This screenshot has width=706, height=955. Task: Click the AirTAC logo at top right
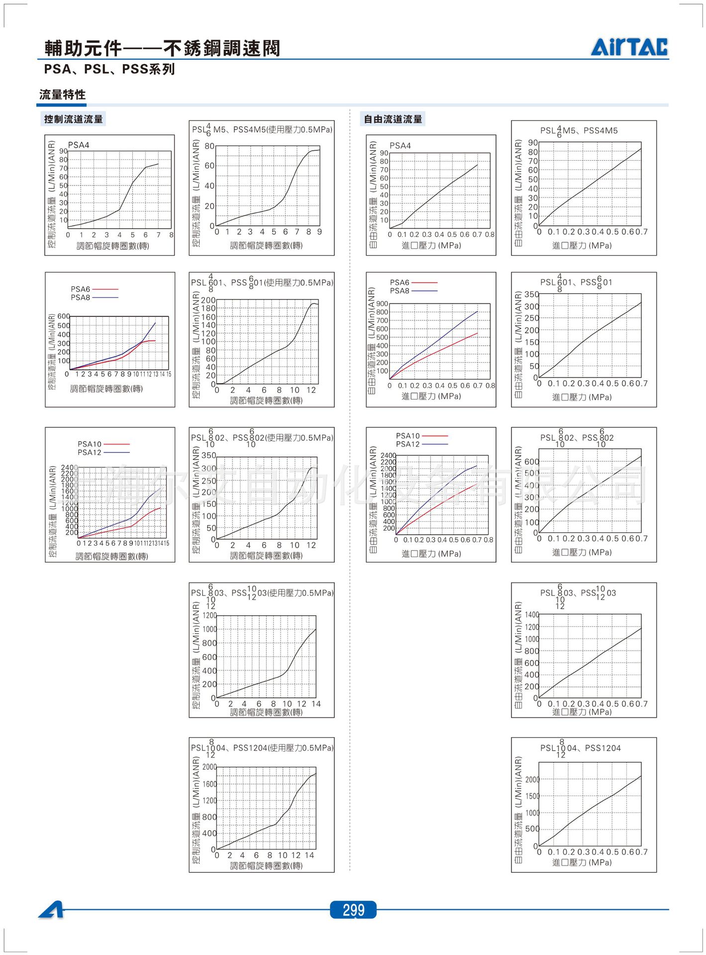coord(629,47)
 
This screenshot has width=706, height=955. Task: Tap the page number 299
coord(353,910)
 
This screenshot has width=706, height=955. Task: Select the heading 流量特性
coord(63,95)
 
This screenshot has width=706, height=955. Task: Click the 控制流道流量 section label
coord(74,119)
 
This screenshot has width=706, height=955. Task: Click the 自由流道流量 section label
coord(393,119)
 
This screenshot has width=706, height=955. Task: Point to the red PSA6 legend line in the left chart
coord(105,289)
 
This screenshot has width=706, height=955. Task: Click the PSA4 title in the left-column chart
coord(79,145)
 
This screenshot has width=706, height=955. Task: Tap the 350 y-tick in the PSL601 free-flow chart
coord(532,294)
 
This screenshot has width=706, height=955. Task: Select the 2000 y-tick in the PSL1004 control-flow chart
coord(209,766)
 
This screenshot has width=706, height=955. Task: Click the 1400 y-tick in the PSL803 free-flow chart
coord(532,615)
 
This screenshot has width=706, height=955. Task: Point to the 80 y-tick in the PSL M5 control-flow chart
coord(209,146)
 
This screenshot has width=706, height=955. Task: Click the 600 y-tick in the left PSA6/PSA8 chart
coord(64,316)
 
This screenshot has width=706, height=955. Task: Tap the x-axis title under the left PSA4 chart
coord(113,246)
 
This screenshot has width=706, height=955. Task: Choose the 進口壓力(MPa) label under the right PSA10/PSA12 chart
coord(431,554)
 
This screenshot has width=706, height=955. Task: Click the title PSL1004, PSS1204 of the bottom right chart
coord(580,748)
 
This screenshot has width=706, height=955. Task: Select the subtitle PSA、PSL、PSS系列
coord(109,69)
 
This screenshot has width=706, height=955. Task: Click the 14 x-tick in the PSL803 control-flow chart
coord(316,704)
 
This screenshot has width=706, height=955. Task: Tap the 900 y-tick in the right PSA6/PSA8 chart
coord(382,303)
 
